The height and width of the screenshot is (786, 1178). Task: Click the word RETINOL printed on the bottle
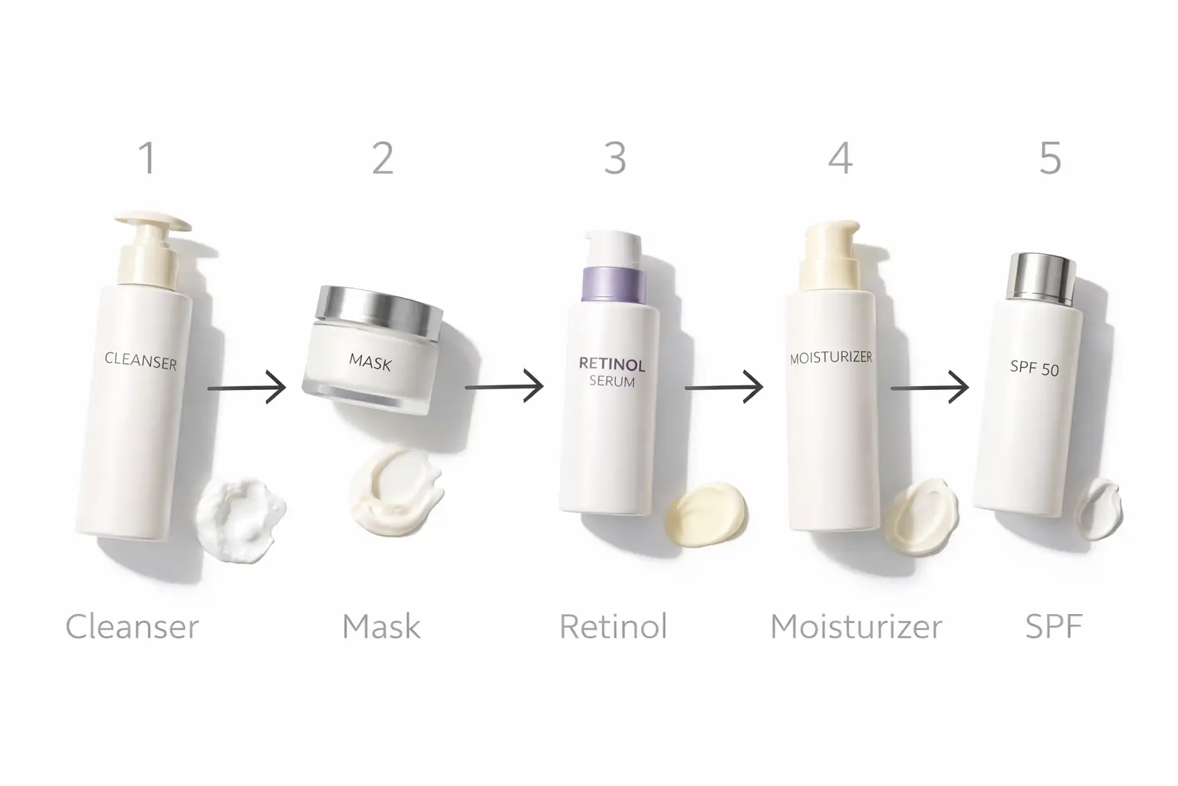(x=612, y=364)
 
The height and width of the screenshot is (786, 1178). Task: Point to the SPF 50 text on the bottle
(x=1034, y=368)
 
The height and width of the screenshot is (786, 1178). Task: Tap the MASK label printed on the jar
(x=370, y=362)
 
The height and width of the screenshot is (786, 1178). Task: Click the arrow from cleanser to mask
(x=247, y=388)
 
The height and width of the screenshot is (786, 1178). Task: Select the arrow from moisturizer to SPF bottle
(x=930, y=388)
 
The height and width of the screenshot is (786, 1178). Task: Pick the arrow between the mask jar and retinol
(x=504, y=387)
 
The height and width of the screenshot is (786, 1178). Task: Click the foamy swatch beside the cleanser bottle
(x=240, y=510)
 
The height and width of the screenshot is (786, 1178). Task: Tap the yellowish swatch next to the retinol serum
(x=706, y=513)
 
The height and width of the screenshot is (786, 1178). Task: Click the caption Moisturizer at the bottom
(x=856, y=626)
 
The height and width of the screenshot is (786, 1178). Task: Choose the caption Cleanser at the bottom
(x=132, y=626)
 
